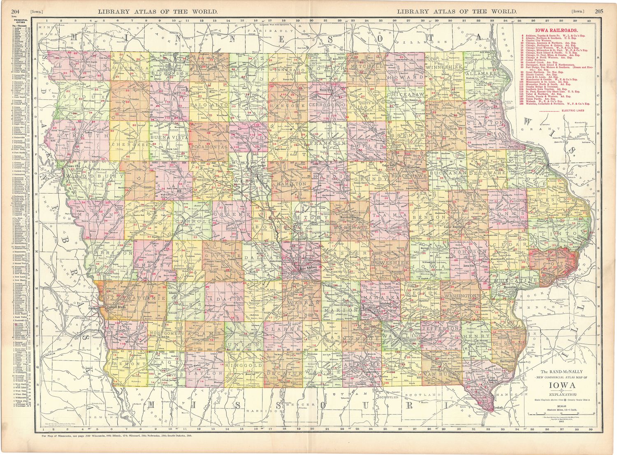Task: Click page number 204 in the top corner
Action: (16, 11)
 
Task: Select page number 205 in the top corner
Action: (599, 11)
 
